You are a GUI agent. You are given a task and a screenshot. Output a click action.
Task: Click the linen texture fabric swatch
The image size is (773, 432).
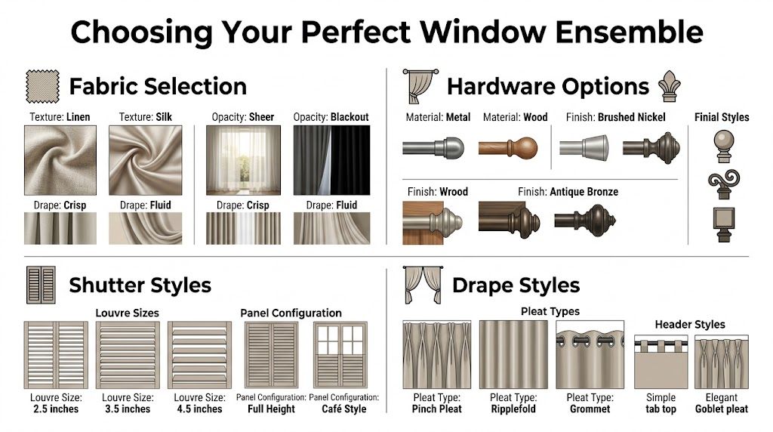pos(60,161)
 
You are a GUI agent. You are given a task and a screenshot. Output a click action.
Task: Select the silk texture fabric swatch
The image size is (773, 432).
pos(145,161)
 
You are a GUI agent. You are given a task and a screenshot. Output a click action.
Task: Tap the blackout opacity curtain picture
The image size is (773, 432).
pos(331,161)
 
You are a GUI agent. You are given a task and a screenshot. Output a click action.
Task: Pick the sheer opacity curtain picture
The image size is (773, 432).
pos(243,161)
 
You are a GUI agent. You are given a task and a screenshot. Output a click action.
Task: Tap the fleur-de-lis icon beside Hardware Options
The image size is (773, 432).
pos(669,86)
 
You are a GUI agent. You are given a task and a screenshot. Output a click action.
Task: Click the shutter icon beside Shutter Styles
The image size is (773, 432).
pos(42,284)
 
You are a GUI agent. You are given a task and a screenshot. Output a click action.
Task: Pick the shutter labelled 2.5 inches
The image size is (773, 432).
pos(56,354)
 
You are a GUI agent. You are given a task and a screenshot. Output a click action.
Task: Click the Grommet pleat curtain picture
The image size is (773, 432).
pos(590,354)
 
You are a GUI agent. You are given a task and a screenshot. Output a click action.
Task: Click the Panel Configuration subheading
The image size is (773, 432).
pos(291,313)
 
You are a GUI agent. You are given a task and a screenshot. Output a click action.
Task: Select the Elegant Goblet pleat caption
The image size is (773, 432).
pos(722,403)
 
